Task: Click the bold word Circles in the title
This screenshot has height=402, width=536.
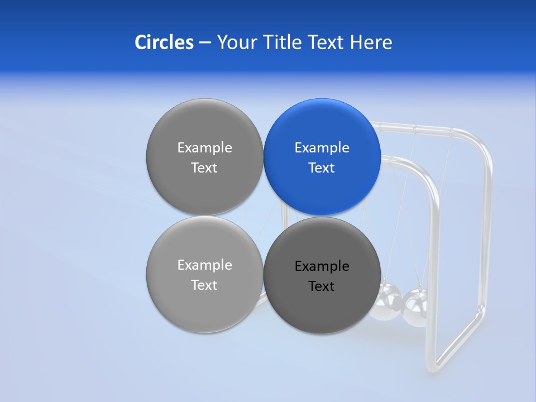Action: pos(164,42)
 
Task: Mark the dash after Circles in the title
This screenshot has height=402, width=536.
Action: pos(205,43)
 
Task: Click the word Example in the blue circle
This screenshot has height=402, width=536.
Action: pos(322,148)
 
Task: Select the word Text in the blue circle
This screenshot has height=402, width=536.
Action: pos(322,168)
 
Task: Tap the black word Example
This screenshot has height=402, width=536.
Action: pos(322,266)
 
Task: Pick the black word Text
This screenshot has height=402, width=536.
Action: pos(322,286)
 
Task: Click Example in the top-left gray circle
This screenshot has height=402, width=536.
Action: pos(204,148)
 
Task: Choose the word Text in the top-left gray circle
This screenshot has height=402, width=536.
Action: pos(204,168)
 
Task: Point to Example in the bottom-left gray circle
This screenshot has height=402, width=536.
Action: pos(204,265)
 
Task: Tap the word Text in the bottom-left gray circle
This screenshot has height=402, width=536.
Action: pos(204,285)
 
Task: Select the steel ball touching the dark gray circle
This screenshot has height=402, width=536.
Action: pos(388,302)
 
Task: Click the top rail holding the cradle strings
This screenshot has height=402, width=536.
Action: pos(424,132)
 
